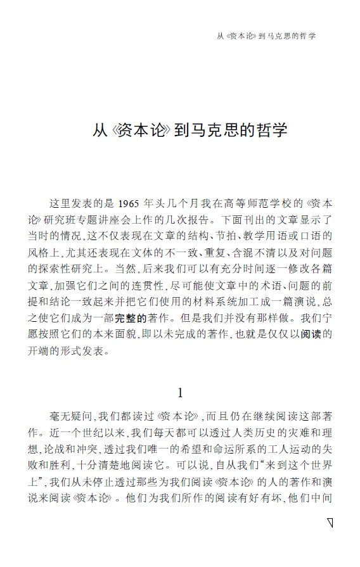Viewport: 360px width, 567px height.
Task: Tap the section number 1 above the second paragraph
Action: pyautogui.click(x=180, y=393)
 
